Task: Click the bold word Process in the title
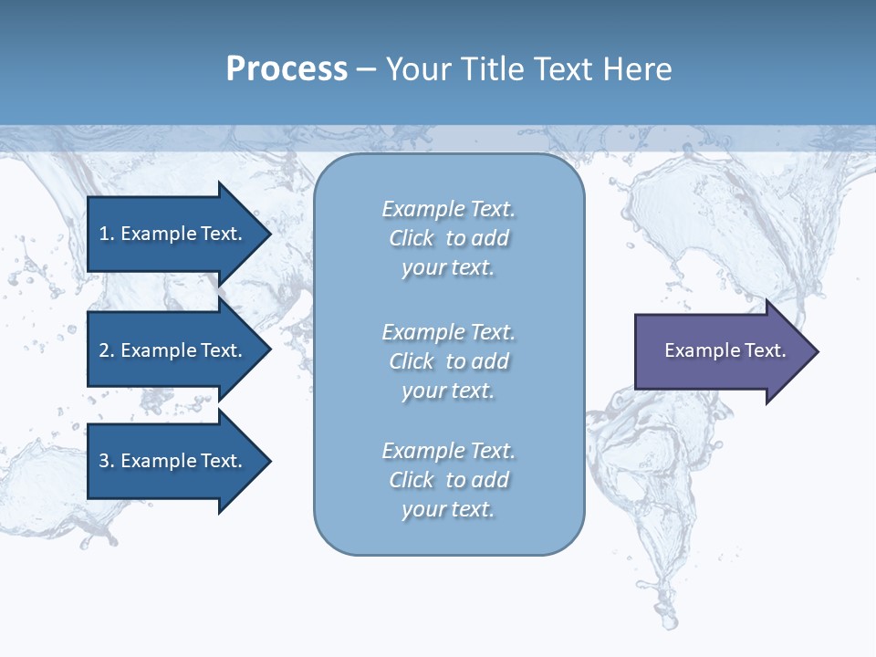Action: [x=287, y=69]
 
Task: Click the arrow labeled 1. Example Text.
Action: [x=171, y=234]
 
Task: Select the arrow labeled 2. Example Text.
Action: [x=171, y=350]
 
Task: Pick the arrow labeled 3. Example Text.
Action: [x=171, y=461]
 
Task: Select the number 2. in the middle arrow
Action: [x=107, y=350]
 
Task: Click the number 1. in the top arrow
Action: [x=107, y=234]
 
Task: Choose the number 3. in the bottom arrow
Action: [x=107, y=461]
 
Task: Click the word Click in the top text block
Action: [x=412, y=238]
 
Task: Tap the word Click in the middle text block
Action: [x=412, y=361]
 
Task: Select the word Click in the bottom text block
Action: [x=412, y=480]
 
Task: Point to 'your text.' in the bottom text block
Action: [x=448, y=509]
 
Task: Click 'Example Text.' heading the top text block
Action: [x=448, y=209]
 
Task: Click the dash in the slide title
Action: [x=366, y=70]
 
